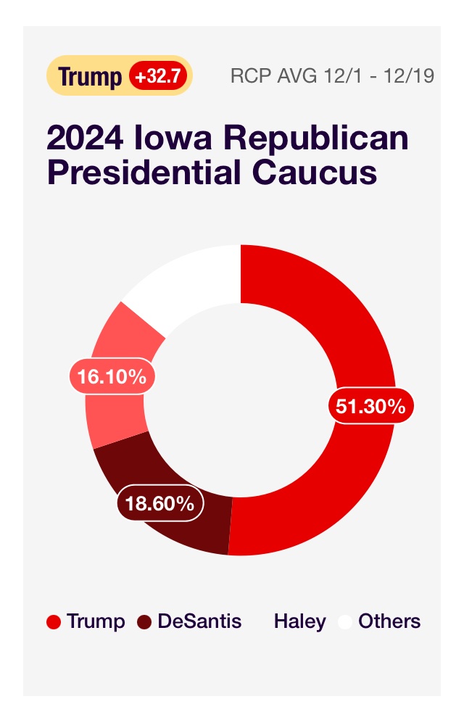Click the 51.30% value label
click(x=370, y=406)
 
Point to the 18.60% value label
click(x=159, y=503)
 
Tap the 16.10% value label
click(x=112, y=377)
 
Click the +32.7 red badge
click(x=158, y=75)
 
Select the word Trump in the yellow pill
click(x=90, y=76)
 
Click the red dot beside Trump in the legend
click(x=53, y=622)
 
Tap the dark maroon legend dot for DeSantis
click(x=144, y=622)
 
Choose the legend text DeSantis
click(x=199, y=621)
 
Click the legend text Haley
click(x=299, y=621)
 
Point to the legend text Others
click(x=389, y=621)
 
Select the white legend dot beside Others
click(x=345, y=622)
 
